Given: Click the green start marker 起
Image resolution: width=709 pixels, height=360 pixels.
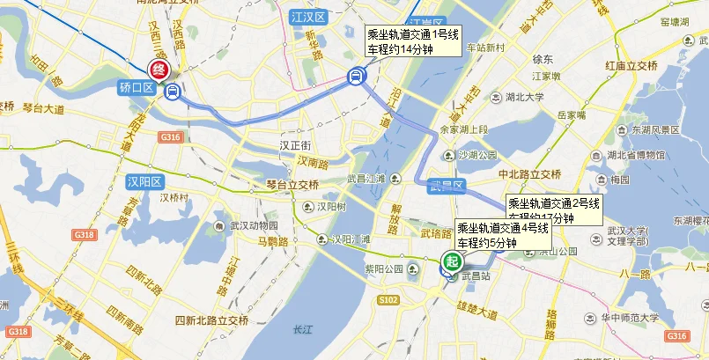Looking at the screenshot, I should point(452,261).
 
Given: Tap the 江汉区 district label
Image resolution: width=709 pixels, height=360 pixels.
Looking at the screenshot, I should point(308,18).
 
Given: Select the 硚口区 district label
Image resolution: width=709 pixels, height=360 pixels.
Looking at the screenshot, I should point(137,88).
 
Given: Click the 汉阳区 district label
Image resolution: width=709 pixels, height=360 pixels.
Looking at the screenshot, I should point(142,182).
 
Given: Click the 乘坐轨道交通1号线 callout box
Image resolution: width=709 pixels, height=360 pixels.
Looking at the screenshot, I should point(413,41).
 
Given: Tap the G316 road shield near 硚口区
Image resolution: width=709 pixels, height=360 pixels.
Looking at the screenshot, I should point(169,138).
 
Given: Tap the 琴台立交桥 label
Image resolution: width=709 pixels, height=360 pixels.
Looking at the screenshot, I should point(292,185).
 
